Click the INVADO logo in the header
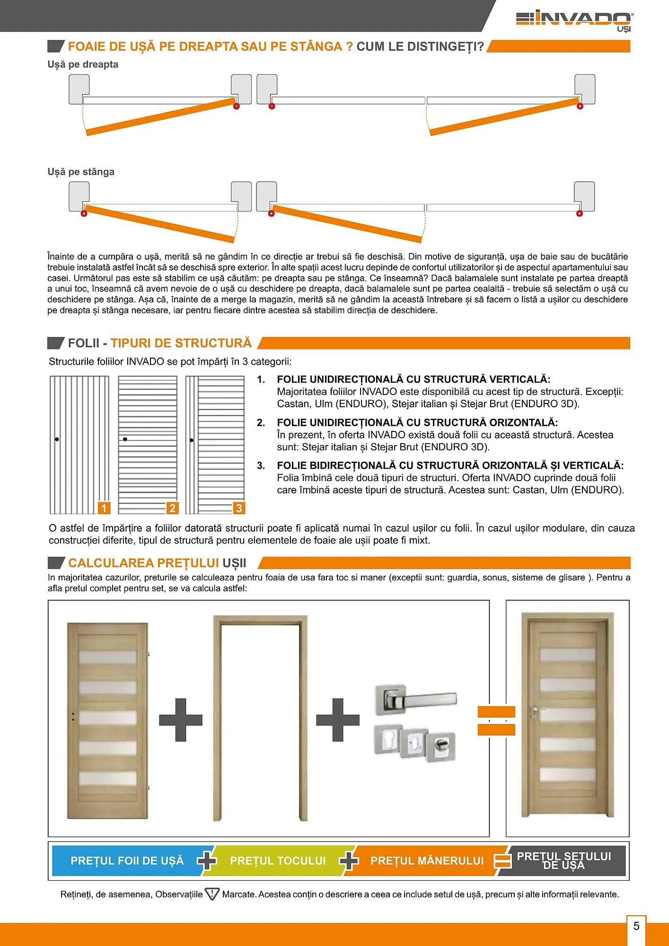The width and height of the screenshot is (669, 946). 574,21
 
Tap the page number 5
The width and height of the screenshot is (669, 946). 636,926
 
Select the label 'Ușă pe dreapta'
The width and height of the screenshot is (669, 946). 83,64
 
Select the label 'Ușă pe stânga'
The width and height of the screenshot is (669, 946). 81,172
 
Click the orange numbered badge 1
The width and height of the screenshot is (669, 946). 104,508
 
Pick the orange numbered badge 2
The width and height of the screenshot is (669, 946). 172,508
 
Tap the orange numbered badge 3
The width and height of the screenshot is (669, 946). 239,508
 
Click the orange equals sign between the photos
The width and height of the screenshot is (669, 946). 496,720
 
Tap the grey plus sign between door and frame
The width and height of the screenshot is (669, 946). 181,720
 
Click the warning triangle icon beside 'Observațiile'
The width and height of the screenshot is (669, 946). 212,894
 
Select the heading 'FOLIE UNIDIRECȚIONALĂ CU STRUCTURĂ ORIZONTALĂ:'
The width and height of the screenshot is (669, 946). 417,422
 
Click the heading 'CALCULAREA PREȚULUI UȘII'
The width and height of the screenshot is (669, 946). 157,563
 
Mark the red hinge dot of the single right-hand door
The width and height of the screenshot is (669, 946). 237,106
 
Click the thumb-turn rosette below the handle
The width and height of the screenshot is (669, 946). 441,747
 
